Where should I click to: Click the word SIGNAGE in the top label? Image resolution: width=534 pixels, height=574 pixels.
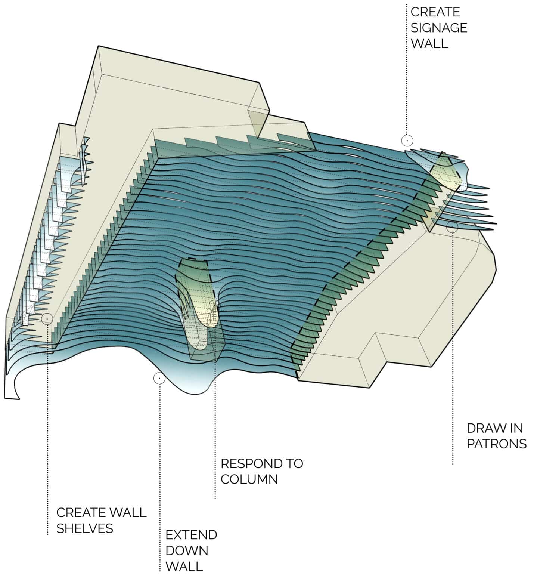[x=439, y=28]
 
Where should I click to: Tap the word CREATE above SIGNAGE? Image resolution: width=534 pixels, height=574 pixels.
[x=435, y=12]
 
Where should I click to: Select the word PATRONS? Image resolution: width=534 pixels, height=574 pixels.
[x=496, y=444]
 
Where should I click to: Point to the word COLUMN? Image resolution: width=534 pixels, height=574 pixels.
[x=249, y=479]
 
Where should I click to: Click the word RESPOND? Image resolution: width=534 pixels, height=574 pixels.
[x=249, y=463]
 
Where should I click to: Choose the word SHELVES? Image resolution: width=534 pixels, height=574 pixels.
[x=85, y=528]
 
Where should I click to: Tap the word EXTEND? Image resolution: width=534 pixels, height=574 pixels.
[x=191, y=535]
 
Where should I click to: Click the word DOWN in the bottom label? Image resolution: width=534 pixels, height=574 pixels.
[x=187, y=550]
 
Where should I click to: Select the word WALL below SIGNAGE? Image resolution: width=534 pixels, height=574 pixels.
[x=429, y=43]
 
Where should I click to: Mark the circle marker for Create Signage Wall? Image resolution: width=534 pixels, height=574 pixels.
[x=407, y=141]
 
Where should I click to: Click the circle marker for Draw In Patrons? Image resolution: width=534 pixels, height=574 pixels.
[x=452, y=227]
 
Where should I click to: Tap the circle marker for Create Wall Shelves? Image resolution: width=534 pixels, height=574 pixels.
[x=47, y=318]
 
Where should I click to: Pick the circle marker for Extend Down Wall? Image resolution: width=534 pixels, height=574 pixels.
[x=159, y=378]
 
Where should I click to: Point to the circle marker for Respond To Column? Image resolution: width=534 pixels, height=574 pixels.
[x=214, y=305]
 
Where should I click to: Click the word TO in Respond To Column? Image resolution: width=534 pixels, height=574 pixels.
[x=294, y=463]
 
